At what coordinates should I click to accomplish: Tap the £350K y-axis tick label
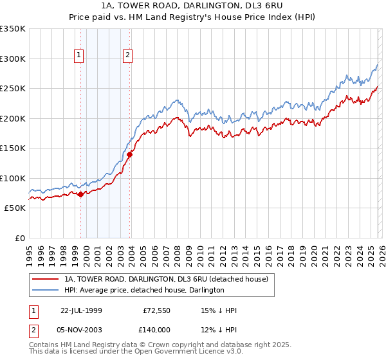pyautogui.click(x=13, y=29)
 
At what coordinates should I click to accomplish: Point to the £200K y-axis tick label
pyautogui.click(x=13, y=118)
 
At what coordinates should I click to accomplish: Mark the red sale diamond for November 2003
pyautogui.click(x=129, y=154)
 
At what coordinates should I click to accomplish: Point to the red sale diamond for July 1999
pyautogui.click(x=80, y=194)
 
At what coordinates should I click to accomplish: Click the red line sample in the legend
pyautogui.click(x=45, y=279)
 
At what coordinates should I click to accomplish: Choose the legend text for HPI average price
pyautogui.click(x=144, y=290)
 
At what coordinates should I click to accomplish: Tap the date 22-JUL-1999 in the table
pyautogui.click(x=81, y=310)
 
